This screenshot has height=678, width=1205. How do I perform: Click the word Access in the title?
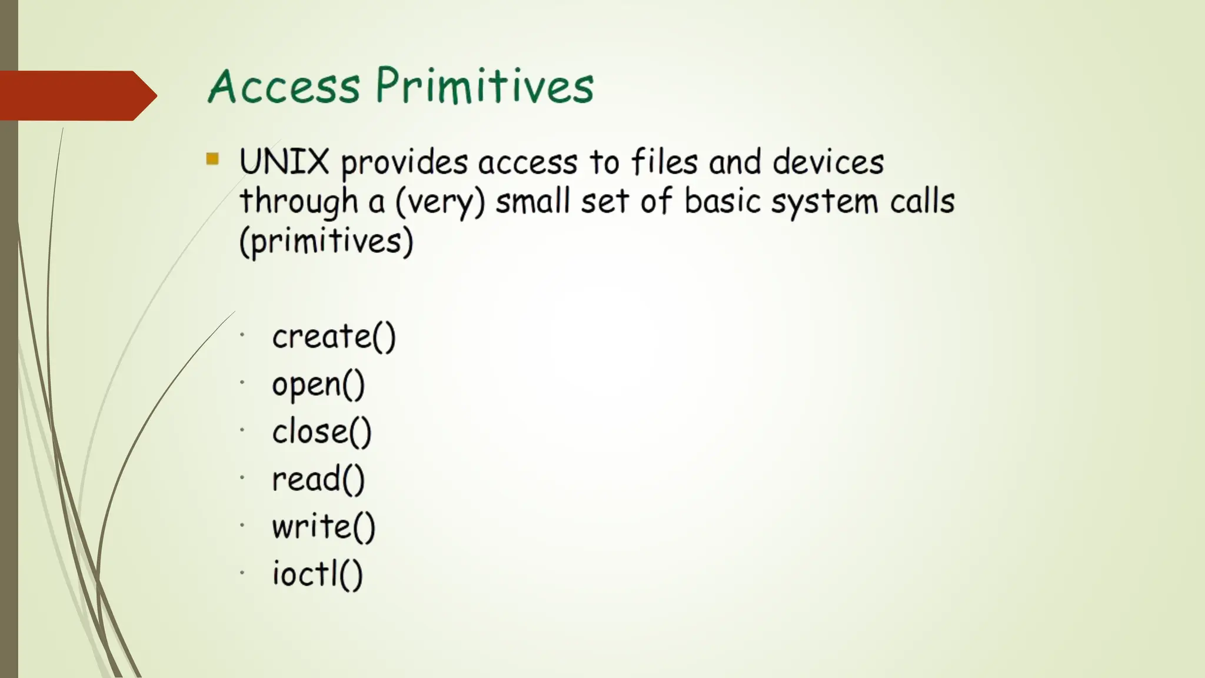point(284,87)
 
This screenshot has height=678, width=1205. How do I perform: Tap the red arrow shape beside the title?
point(76,95)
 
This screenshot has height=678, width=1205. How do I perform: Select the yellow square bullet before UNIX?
point(212,158)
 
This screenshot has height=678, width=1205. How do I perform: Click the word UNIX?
point(284,162)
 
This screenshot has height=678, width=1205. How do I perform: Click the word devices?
point(828,162)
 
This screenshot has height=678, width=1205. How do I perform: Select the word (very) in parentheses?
point(440,202)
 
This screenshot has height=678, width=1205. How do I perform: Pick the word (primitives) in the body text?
point(327,241)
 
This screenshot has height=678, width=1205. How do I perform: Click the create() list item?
point(334,337)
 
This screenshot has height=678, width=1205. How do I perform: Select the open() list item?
point(318,385)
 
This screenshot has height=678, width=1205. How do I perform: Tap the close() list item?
point(322,432)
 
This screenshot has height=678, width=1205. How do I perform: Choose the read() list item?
point(318,479)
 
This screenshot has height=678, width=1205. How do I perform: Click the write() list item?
point(323,526)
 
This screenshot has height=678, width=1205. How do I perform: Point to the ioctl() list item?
point(317,574)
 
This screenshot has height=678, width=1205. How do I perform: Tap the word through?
point(299,202)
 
